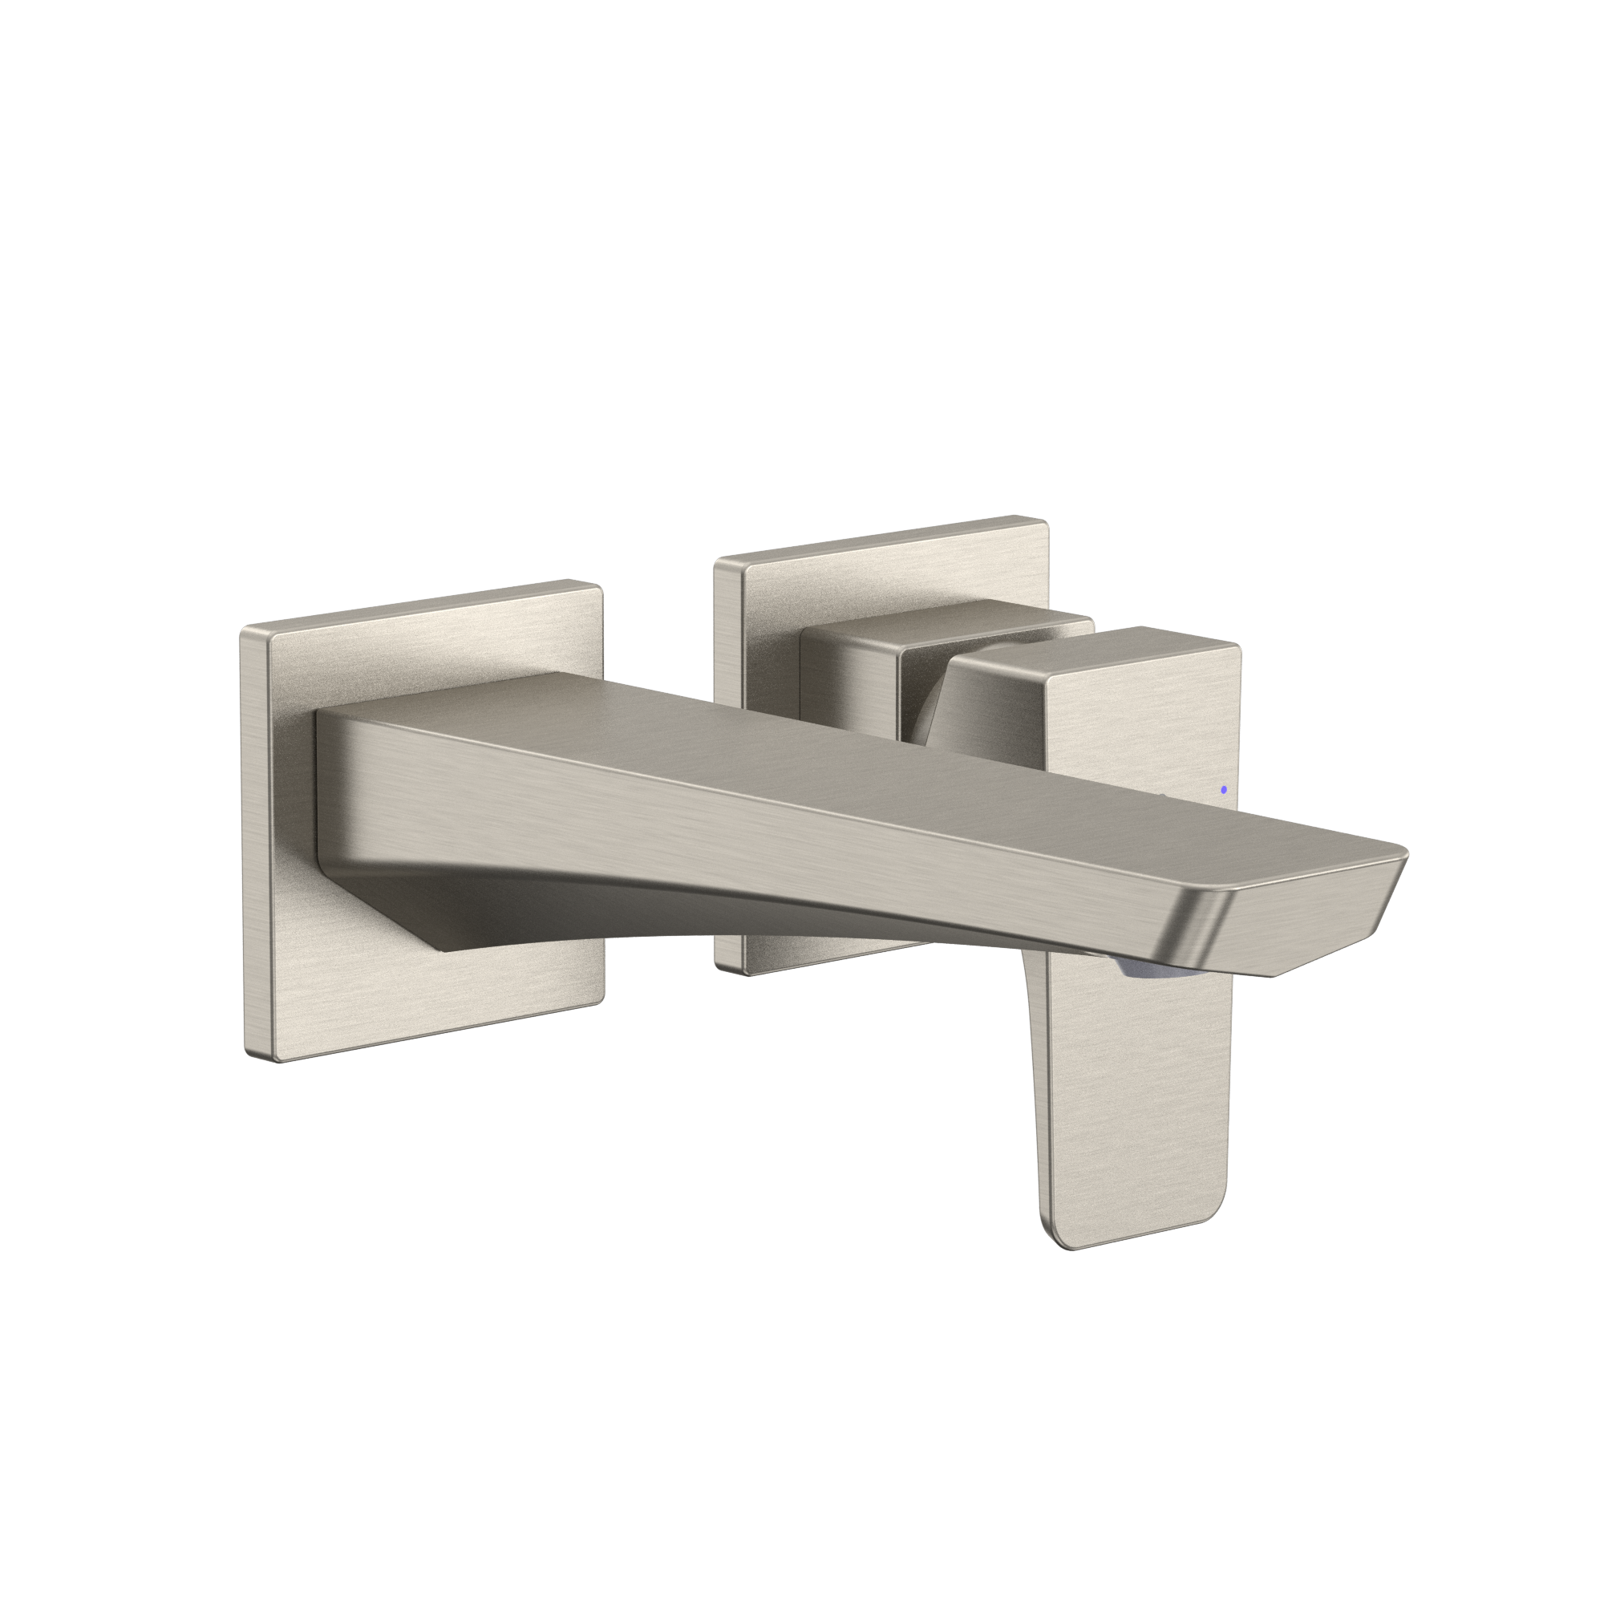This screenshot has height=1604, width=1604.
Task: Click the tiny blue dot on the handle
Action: pyautogui.click(x=1224, y=789)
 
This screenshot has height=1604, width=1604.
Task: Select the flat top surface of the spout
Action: pyautogui.click(x=747, y=731)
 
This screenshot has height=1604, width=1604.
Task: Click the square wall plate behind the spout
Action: pyautogui.click(x=349, y=980)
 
